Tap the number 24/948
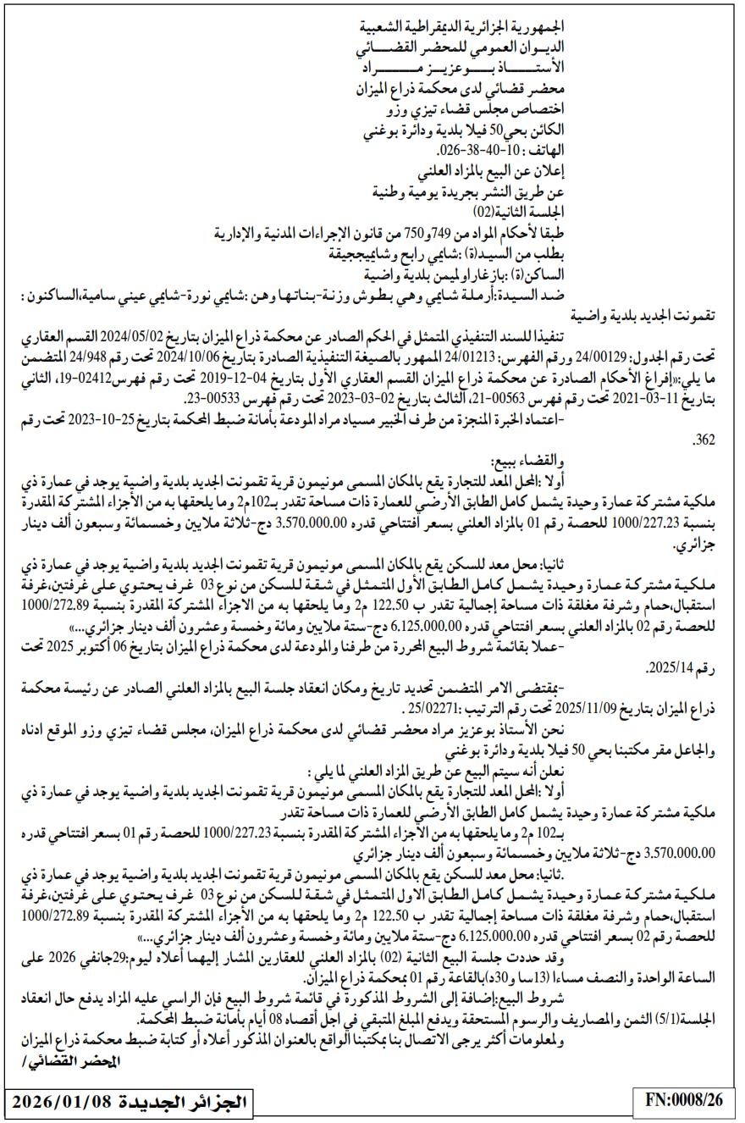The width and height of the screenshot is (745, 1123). click(x=109, y=357)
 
